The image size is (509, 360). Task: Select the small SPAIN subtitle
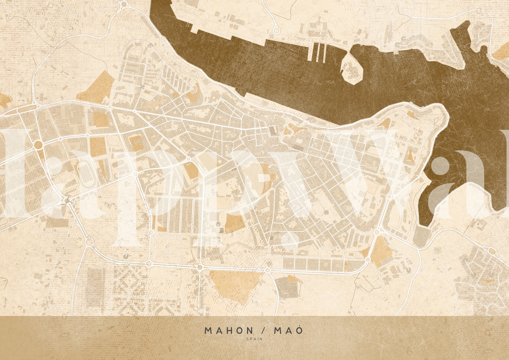tap(254, 339)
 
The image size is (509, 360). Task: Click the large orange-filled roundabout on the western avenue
tap(38, 145)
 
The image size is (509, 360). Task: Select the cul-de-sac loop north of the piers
tap(276, 30)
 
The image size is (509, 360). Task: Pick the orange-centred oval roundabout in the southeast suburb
tap(492, 251)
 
